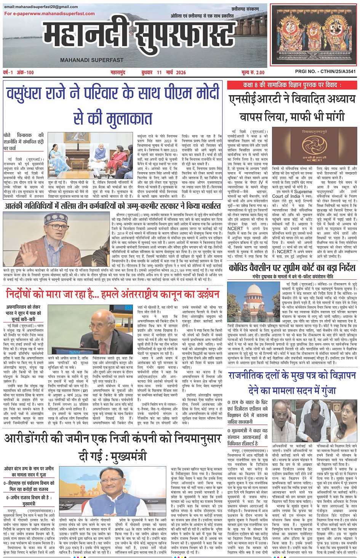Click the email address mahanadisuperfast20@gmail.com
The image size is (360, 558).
[x=41, y=7]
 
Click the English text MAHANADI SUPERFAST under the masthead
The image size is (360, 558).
[x=91, y=60]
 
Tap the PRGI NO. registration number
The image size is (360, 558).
[x=325, y=72]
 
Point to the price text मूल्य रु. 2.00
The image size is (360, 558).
[x=253, y=72]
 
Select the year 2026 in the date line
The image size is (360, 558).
[x=181, y=72]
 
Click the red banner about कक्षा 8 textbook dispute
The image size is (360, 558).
[x=292, y=85]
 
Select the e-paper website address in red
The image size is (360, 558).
[x=50, y=14]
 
